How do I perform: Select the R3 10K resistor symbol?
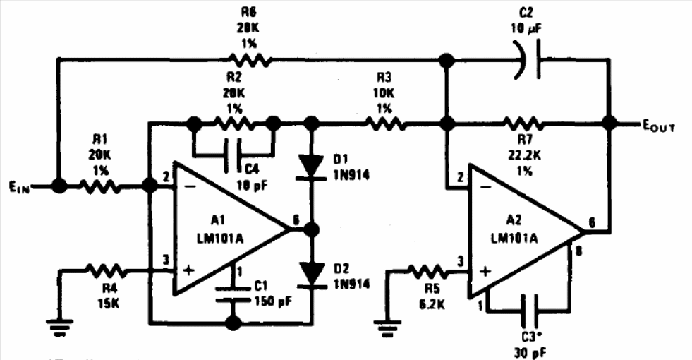coord(384,124)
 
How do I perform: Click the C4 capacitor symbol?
coord(231,150)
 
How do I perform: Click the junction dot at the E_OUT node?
coord(609,124)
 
